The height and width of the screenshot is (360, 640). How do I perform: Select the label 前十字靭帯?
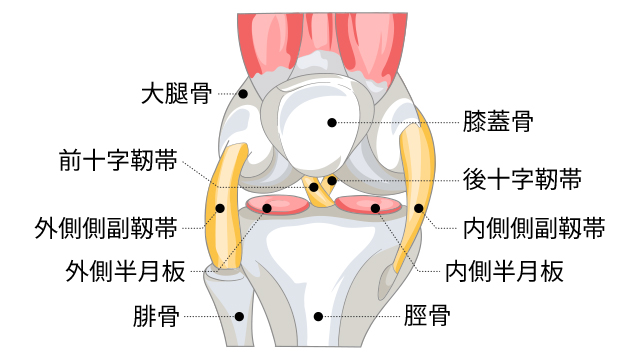pyautogui.click(x=119, y=159)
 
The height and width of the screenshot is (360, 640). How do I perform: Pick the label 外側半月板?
pyautogui.click(x=119, y=270)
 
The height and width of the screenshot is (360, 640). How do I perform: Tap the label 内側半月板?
pyautogui.click(x=505, y=270)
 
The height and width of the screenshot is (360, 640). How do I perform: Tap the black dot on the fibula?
pyautogui.click(x=239, y=317)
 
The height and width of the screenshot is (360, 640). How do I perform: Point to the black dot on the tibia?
pyautogui.click(x=318, y=317)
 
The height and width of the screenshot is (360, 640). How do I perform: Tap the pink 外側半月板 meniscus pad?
pyautogui.click(x=276, y=208)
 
